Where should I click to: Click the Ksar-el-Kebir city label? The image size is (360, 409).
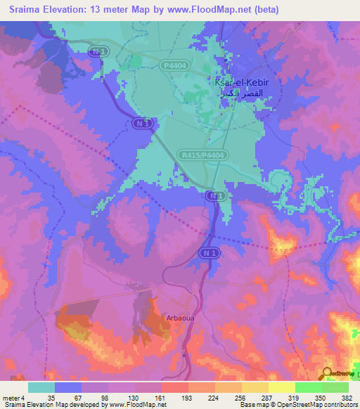coord(241,83)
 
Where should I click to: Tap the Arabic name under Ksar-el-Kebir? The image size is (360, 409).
coord(241,93)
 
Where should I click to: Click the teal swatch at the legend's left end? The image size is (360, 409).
coord(41,387)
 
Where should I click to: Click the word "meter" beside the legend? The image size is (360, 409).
coord(11,397)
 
